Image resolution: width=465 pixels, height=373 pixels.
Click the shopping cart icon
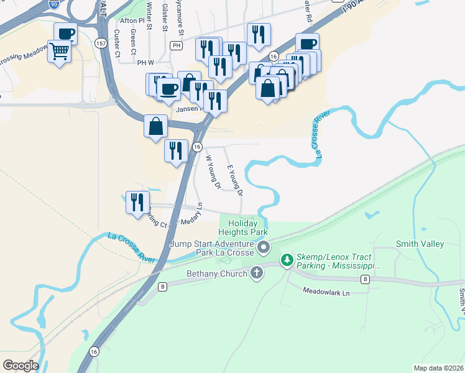(x=60, y=50)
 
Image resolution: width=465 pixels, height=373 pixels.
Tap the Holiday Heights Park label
(x=246, y=228)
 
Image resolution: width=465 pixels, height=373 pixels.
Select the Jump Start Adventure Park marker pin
(x=264, y=248)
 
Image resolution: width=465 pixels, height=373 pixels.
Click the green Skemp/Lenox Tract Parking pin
(x=287, y=259)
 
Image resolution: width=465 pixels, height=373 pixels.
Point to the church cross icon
(x=257, y=273)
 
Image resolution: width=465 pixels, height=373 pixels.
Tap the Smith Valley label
(x=420, y=244)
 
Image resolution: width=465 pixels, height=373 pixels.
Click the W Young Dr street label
(x=213, y=172)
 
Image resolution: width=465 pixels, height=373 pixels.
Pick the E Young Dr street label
(x=235, y=181)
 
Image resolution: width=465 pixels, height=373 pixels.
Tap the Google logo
(x=21, y=365)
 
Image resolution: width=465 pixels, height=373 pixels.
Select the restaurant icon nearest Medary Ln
(x=136, y=201)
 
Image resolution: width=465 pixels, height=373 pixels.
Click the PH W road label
(x=145, y=62)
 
